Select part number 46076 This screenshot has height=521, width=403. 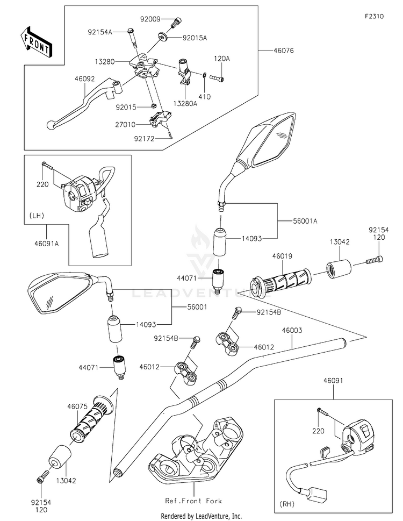click(x=283, y=51)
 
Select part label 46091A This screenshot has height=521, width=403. click(x=49, y=243)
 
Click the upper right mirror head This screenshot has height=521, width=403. click(x=266, y=138)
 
